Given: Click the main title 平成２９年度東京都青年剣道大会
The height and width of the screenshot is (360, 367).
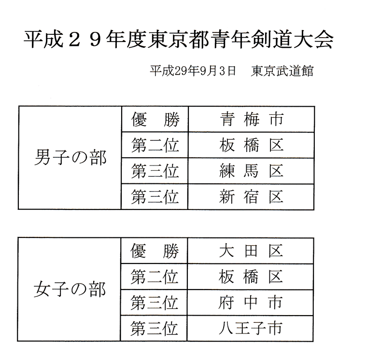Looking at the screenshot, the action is tap(178, 40).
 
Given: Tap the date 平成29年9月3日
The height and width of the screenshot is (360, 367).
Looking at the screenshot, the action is tap(193, 71).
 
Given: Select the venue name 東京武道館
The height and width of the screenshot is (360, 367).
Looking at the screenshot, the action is tap(282, 71).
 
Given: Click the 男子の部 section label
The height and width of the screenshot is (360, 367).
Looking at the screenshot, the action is tap(70, 158).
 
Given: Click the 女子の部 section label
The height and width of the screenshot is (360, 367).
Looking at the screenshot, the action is tap(70, 290).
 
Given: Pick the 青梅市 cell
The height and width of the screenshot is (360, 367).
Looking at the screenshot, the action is tap(252, 119).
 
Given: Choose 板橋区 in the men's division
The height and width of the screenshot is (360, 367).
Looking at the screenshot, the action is tap(252, 145).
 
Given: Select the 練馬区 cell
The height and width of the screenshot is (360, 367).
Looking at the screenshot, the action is tap(252, 171).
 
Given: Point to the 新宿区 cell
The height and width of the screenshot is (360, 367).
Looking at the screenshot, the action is tap(251, 197).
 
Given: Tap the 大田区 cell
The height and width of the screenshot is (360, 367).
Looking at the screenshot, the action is tap(251, 251).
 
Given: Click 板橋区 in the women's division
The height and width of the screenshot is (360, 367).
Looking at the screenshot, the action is tap(251, 277).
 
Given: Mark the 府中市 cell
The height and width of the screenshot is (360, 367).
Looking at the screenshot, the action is tap(251, 303).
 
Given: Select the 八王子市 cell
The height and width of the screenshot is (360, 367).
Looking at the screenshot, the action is tap(250, 328).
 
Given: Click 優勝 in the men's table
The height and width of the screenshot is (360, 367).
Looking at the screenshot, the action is tap(155, 119).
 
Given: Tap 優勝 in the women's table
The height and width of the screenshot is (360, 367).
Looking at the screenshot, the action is tap(155, 251).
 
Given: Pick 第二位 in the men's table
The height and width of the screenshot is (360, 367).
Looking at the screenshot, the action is tap(155, 145).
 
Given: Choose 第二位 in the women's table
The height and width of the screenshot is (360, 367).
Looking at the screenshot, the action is tap(154, 277).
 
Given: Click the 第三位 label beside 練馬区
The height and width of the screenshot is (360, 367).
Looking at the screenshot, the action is tap(155, 171).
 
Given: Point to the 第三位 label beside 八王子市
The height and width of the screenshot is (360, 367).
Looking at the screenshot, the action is tap(154, 329).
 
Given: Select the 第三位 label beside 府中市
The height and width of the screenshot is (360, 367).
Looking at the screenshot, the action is tap(154, 303).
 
